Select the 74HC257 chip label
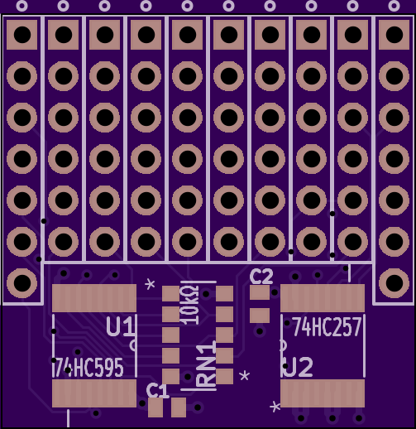[327, 326]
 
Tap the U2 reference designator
[299, 367]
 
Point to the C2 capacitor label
[261, 277]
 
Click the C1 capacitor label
[157, 391]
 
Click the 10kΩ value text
[189, 305]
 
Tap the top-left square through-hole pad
[22, 35]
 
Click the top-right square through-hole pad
[394, 35]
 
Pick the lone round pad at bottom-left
[22, 283]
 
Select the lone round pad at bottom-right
[394, 283]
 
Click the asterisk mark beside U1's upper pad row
[150, 284]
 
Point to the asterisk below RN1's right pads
[244, 376]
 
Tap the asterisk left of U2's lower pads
[275, 407]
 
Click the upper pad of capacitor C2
[260, 292]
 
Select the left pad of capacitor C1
[155, 407]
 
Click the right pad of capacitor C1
[179, 407]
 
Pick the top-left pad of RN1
[170, 293]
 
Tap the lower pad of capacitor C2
[260, 316]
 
